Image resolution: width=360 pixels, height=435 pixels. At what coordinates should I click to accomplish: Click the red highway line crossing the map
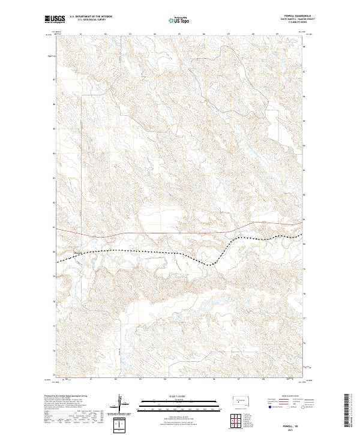tap(150, 232)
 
